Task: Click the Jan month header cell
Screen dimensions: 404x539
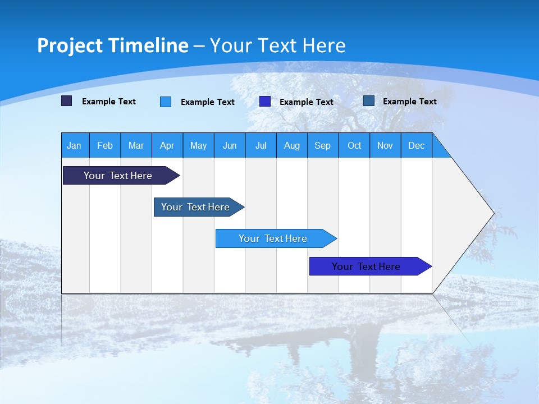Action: click(75, 145)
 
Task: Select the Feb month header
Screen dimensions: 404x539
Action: click(105, 145)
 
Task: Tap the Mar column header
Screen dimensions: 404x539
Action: click(136, 145)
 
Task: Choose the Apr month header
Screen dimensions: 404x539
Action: click(167, 145)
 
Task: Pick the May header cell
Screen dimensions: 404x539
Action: click(198, 145)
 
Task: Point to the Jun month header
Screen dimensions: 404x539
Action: click(230, 145)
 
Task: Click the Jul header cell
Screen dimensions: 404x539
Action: click(261, 145)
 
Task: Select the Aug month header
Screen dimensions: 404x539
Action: click(292, 145)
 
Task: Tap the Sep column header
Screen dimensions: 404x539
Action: click(323, 145)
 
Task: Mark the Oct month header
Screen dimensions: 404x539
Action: click(354, 145)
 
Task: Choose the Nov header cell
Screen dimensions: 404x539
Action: click(385, 145)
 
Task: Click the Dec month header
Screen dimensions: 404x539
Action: click(417, 145)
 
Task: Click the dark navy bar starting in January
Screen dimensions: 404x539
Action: click(118, 176)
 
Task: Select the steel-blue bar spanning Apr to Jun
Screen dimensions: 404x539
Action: click(196, 207)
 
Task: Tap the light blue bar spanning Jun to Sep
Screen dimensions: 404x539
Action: click(273, 238)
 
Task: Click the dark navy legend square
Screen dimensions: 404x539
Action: click(67, 101)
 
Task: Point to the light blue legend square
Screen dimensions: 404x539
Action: click(166, 102)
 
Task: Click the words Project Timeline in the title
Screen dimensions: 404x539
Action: click(113, 45)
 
